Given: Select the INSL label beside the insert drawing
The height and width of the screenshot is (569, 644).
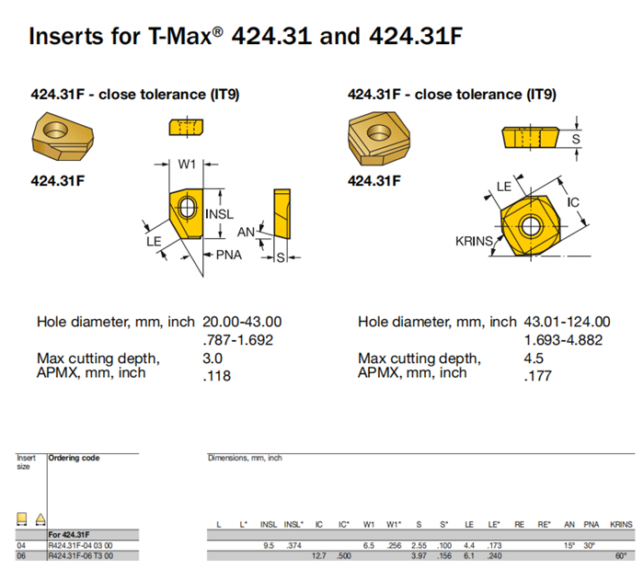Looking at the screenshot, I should point(220,214).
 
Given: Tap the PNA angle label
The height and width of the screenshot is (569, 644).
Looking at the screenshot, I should point(228,255).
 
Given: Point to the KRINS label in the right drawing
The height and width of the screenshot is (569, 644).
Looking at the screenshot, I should point(473,241).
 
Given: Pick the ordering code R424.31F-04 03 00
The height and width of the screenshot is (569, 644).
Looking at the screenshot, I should point(83,545).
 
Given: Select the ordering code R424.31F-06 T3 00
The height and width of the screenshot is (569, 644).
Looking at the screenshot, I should point(83,555).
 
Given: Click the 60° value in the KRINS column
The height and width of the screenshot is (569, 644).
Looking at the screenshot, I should point(621,555).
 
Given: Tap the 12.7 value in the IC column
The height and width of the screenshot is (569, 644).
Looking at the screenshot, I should point(319,555).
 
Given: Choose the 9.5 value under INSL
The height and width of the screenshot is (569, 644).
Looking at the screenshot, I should point(269,545).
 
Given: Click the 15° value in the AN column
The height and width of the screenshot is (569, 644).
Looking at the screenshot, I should point(570,545).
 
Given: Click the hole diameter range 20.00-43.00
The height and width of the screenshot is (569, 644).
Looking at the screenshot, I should point(242,322).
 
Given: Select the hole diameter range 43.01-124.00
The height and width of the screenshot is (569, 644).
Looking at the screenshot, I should point(566,322).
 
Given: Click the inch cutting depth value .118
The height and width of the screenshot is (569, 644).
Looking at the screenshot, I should point(216,375).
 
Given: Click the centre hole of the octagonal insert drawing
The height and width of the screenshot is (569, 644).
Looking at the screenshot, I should point(529,225).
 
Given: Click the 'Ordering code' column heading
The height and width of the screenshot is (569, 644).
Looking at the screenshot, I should point(74,457).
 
